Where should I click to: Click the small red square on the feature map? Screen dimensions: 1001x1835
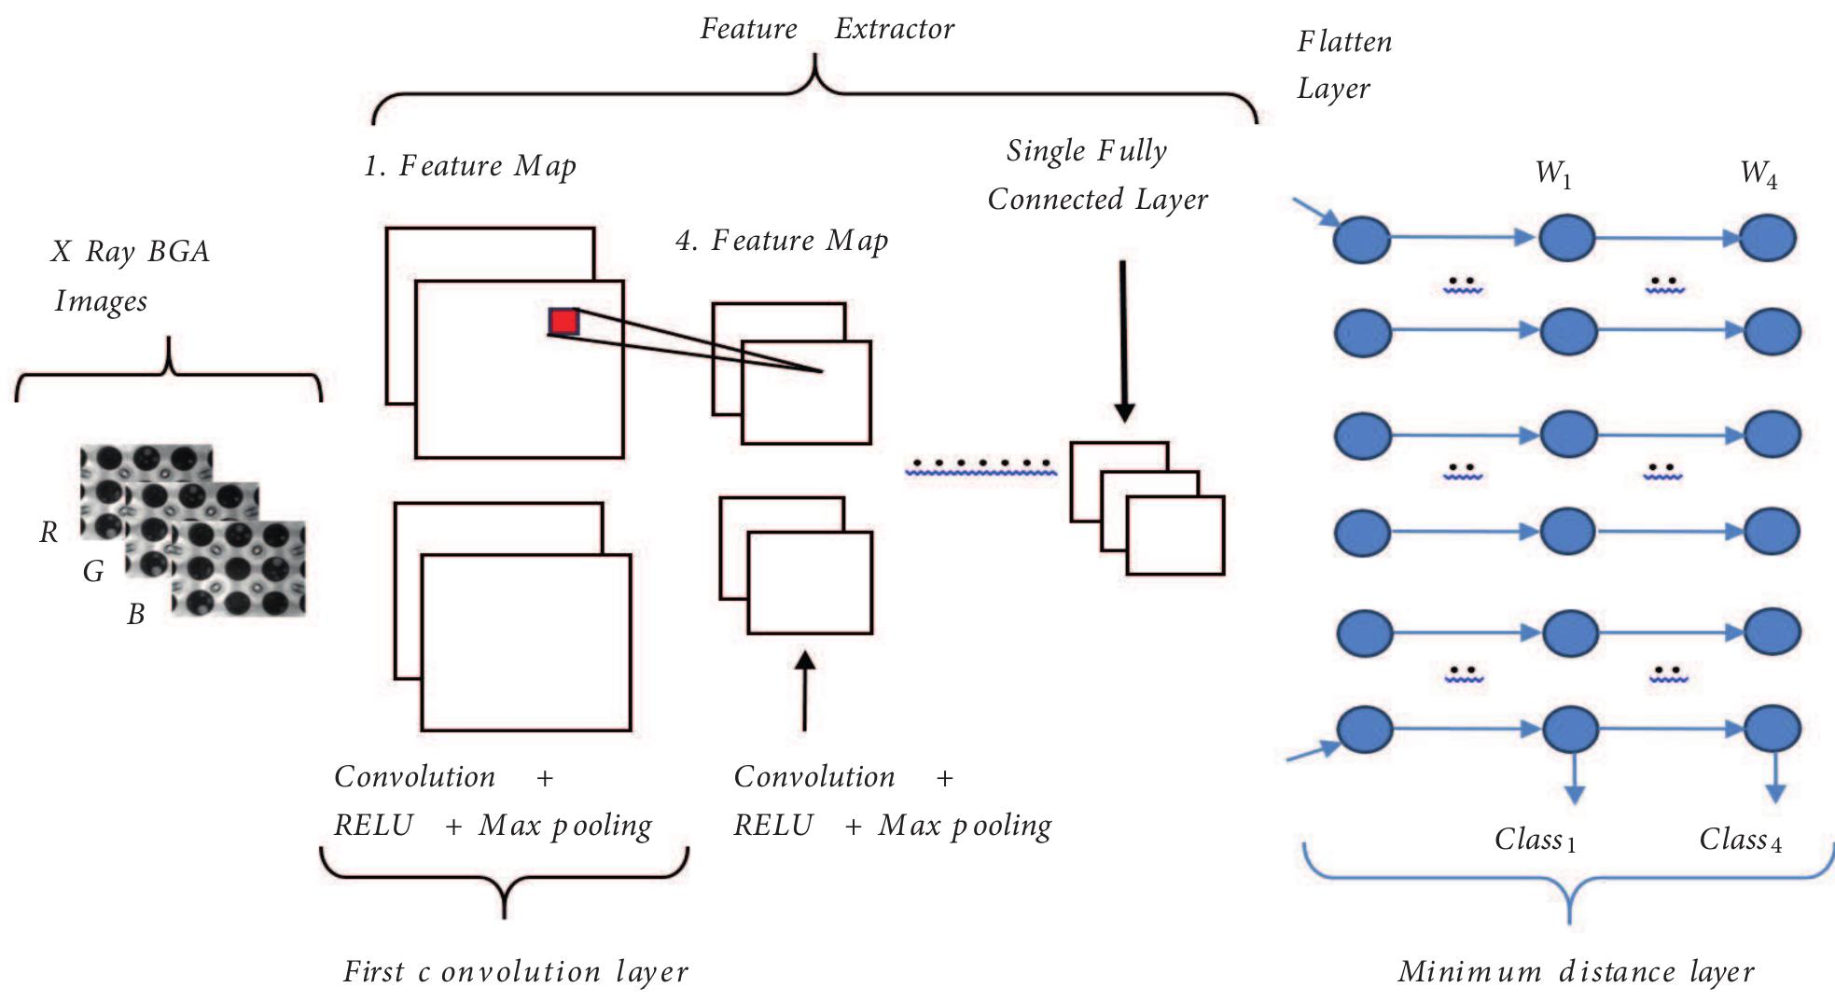click(563, 322)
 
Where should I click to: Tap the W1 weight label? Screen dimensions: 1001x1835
click(1553, 174)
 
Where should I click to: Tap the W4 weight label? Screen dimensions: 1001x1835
click(1759, 174)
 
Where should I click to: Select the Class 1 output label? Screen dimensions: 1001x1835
click(1536, 840)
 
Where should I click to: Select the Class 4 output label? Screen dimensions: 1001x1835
click(1740, 840)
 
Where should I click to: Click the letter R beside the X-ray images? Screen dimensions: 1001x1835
click(49, 533)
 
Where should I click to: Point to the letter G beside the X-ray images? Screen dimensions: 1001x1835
click(93, 572)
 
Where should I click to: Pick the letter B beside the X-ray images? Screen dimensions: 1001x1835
click(136, 614)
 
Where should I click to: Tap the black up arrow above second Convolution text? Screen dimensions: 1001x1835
click(804, 690)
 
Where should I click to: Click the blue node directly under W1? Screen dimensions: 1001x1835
click(1566, 238)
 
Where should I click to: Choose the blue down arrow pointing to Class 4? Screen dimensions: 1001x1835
click(1775, 779)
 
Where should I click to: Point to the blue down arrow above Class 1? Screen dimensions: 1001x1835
click(1574, 779)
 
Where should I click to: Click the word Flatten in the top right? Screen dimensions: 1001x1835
click(1344, 42)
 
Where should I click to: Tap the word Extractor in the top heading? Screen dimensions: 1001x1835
click(894, 30)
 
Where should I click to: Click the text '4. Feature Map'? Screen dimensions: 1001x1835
click(782, 241)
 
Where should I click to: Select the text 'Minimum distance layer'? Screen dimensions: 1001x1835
click(1576, 972)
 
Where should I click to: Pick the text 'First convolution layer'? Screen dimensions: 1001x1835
click(515, 972)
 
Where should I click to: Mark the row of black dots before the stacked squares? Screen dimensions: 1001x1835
click(980, 464)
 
